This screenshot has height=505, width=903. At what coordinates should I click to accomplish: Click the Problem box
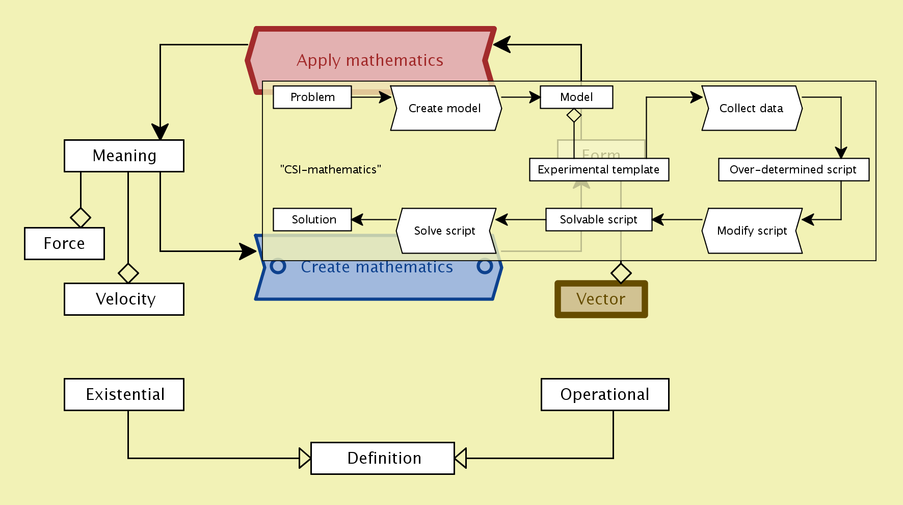[x=312, y=97]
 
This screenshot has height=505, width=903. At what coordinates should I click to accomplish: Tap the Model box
[x=576, y=97]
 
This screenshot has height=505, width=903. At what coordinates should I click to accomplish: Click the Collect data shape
[x=752, y=108]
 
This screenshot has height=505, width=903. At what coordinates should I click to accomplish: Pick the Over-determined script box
[x=793, y=170]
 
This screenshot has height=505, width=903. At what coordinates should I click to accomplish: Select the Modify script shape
[x=752, y=231]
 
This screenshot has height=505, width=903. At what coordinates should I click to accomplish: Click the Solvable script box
[x=599, y=220]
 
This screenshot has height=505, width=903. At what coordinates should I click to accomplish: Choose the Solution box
[x=312, y=220]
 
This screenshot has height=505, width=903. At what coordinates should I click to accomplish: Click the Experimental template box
[x=599, y=170]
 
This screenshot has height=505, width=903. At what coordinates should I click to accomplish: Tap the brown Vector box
[x=601, y=299]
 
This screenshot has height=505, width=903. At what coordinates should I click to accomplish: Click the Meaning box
[x=124, y=156]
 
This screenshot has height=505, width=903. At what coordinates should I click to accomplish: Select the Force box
[x=64, y=243]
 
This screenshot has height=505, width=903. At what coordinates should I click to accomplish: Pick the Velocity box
[x=124, y=299]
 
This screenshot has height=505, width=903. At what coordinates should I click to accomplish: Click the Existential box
[x=124, y=394]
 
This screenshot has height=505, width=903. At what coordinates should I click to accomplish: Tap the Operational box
[x=605, y=394]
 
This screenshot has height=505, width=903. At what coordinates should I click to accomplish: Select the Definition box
[x=383, y=458]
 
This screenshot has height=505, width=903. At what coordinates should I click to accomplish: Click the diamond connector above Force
[x=81, y=218]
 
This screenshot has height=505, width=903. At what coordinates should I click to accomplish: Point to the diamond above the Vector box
[x=621, y=273]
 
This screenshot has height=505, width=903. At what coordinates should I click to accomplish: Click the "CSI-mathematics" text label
[x=331, y=170]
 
